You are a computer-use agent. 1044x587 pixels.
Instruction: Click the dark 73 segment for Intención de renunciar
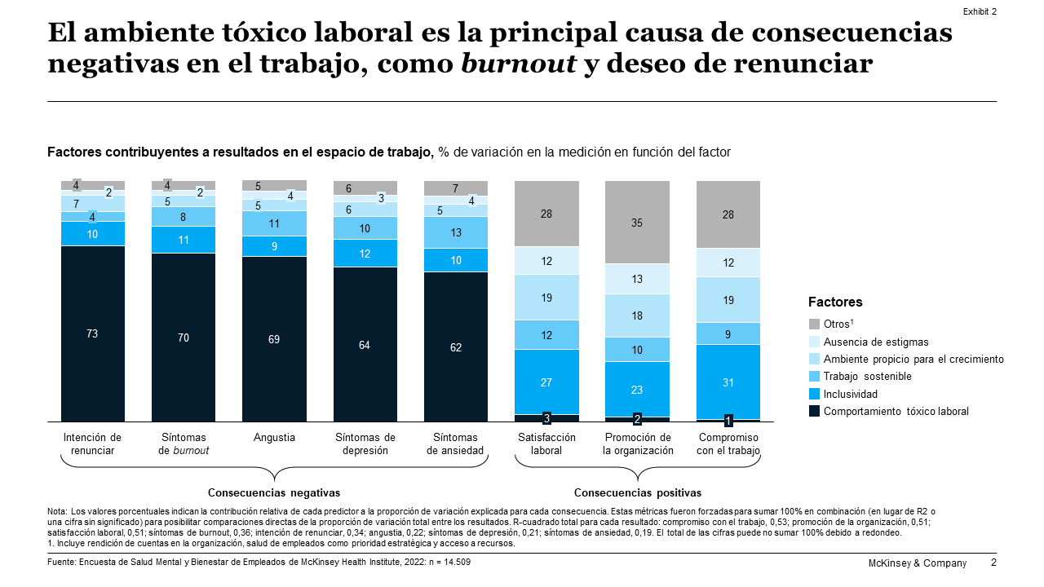(92, 333)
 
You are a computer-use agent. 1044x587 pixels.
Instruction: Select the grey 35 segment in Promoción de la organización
(637, 222)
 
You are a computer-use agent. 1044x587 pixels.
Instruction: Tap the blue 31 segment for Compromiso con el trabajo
(728, 382)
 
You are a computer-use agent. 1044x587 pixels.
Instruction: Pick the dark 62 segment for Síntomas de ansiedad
(456, 346)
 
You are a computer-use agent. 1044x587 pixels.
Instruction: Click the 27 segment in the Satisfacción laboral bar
(546, 382)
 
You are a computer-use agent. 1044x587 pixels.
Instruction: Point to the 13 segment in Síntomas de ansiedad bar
(456, 232)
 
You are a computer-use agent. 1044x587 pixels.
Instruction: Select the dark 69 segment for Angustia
(275, 338)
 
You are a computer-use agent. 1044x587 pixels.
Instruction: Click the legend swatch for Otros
(814, 324)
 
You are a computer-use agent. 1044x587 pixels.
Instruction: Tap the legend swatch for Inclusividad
(814, 394)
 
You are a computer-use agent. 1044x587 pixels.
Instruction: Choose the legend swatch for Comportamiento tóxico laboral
(814, 411)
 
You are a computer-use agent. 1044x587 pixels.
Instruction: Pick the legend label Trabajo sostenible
(867, 377)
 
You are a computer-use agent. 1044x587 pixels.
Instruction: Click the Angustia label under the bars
(275, 438)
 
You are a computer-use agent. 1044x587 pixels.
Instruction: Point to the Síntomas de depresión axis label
(365, 444)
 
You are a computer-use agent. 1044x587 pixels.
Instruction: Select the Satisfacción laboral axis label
(546, 444)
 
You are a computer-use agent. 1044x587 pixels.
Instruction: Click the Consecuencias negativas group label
(274, 493)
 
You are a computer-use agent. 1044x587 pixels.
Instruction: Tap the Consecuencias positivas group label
(638, 493)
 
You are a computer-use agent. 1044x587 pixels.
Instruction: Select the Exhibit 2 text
(980, 11)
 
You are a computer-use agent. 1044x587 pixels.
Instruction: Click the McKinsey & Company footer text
(916, 563)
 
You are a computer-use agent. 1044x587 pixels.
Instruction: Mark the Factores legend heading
(835, 302)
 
